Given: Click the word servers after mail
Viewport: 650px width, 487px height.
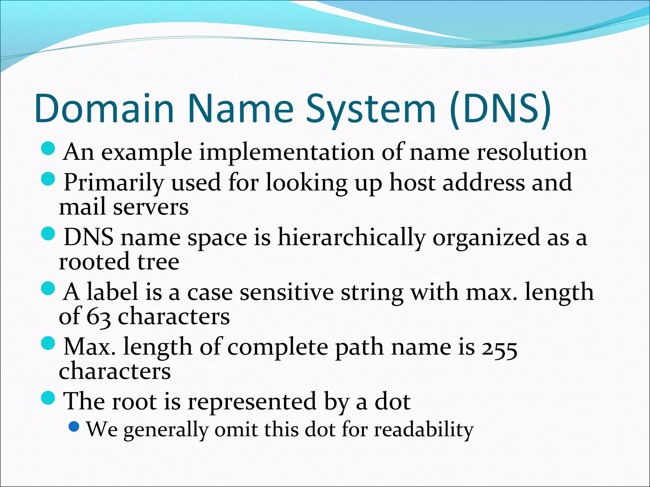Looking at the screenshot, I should pos(151,207).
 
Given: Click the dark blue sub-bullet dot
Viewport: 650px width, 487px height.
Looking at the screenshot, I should pos(74,426).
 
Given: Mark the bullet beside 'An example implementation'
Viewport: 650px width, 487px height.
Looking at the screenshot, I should pos(48,148).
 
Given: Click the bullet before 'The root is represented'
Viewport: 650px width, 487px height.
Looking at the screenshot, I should pos(48,398).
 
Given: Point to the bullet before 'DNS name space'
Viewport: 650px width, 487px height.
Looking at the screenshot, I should pos(48,234).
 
